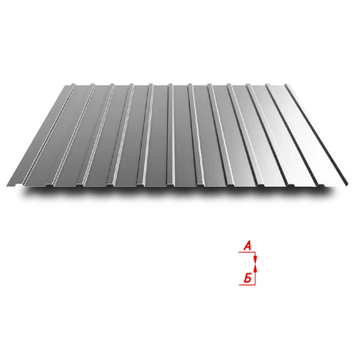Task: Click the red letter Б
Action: click(x=248, y=278)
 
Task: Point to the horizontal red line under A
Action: click(x=247, y=253)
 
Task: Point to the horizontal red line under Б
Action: click(x=247, y=284)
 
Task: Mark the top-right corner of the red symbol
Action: click(x=256, y=253)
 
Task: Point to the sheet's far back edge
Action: click(x=180, y=82)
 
